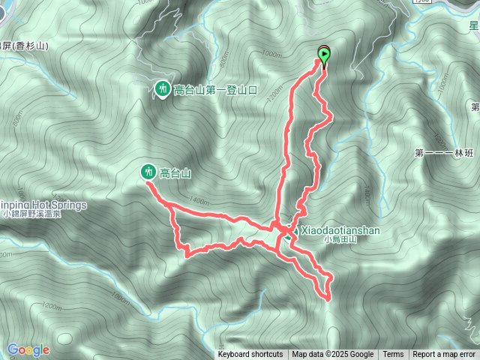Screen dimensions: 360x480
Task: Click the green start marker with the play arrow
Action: point(324,54)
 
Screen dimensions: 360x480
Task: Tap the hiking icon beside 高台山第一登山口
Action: point(162,90)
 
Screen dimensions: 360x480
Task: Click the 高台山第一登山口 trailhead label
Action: point(215,90)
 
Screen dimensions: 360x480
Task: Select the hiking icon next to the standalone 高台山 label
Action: point(148,172)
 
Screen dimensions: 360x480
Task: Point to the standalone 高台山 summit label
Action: point(175,173)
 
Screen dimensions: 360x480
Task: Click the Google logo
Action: point(28,349)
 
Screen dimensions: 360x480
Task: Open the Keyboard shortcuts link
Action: point(250,355)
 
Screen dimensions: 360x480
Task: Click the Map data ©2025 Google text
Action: point(333,355)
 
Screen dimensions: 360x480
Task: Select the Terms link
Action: point(393,355)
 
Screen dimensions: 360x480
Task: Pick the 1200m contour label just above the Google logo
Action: point(51,307)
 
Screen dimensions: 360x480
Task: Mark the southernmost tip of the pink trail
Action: point(328,298)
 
